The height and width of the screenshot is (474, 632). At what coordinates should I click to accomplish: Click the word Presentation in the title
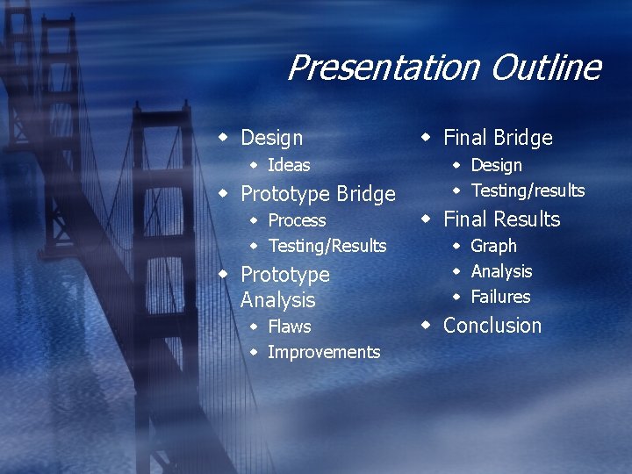(x=384, y=68)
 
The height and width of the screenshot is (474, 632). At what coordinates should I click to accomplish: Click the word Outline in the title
(x=545, y=68)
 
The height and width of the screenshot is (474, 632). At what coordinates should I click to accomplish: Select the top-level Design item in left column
(x=271, y=138)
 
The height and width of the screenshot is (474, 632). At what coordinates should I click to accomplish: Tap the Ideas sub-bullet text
(x=289, y=165)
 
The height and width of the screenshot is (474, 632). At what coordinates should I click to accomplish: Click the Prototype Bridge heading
(x=318, y=193)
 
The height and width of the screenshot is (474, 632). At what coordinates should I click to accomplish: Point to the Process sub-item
(x=297, y=220)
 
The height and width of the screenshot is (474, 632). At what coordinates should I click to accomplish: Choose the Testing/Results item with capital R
(x=327, y=246)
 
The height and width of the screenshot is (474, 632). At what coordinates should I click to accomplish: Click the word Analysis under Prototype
(x=277, y=300)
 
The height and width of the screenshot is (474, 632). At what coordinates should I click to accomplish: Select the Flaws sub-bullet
(x=289, y=327)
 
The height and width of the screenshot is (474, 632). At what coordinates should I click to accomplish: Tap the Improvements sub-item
(x=323, y=352)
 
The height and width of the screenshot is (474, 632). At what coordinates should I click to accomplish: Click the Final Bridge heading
(x=498, y=138)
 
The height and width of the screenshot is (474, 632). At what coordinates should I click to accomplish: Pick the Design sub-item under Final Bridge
(x=496, y=165)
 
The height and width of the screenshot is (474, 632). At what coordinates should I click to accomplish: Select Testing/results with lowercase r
(x=528, y=190)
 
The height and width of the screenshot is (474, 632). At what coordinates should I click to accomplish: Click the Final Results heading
(x=501, y=219)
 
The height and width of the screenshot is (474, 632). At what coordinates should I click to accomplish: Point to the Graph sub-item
(x=493, y=246)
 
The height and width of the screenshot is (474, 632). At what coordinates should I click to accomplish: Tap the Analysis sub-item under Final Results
(x=501, y=271)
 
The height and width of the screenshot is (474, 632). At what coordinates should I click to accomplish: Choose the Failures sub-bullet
(x=500, y=297)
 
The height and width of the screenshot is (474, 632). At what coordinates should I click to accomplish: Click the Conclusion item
(x=492, y=326)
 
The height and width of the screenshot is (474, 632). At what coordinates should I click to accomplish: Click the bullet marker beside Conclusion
(x=426, y=325)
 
